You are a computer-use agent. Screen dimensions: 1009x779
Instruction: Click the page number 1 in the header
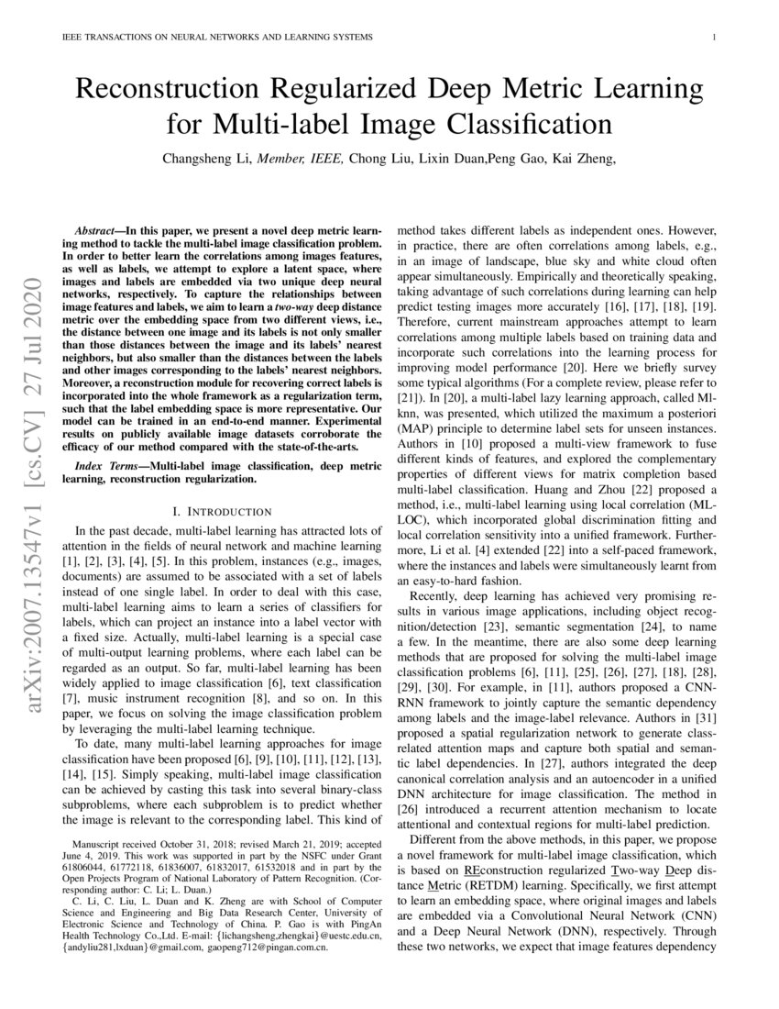pos(713,37)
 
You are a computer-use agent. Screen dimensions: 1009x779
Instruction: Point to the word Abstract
pos(97,224)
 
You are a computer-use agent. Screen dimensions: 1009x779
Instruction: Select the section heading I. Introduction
pos(222,511)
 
